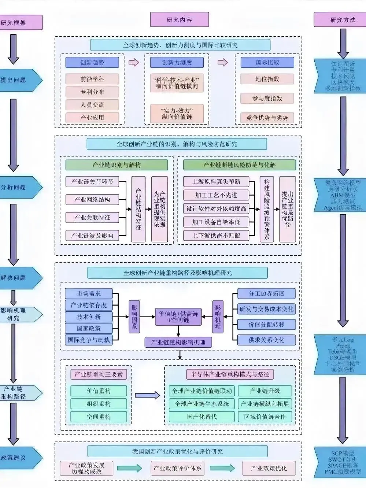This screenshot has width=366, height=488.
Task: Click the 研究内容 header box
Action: coord(179,20)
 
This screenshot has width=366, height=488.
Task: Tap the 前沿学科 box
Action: coord(92,79)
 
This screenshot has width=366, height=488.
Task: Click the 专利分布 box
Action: coord(92,92)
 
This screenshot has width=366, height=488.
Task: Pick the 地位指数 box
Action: coord(267,79)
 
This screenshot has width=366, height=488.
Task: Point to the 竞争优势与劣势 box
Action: coord(267,118)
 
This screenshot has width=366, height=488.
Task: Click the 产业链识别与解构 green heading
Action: coord(117,165)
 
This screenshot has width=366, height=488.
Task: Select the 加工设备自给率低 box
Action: coord(216,222)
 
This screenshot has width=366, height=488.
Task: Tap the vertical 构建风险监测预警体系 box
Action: coord(267,209)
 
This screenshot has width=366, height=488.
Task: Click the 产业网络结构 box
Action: coord(92,200)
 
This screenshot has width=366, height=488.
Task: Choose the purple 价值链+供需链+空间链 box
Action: coord(178,317)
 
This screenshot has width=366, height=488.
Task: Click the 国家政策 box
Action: coord(89,328)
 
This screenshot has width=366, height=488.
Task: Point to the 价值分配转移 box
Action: coord(266,325)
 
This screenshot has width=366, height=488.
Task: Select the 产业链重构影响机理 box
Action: coord(178,343)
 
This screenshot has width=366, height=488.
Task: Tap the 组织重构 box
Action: coord(99,404)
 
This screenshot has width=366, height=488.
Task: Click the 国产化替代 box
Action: coord(202,417)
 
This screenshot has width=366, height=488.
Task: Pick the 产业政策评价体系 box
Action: coord(177,468)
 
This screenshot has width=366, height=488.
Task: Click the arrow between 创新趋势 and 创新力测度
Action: coord(134,62)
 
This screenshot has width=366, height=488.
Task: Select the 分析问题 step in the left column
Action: coord(18,187)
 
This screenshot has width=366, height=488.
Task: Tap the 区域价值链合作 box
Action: coord(265,417)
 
